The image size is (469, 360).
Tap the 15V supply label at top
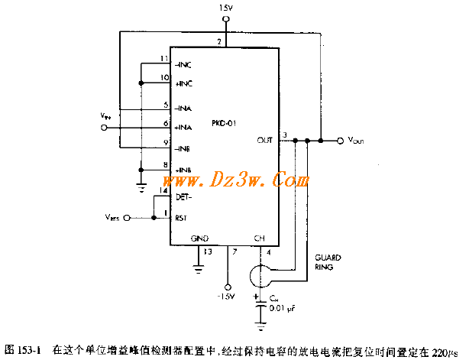225,8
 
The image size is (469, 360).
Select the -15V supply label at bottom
226,295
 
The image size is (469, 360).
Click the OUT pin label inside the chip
265,140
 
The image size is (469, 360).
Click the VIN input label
105,115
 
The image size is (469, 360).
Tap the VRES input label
111,218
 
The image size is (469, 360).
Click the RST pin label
182,218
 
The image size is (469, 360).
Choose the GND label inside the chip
199,238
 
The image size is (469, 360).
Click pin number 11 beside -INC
164,59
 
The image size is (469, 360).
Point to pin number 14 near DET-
163,190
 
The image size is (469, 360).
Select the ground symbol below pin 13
199,267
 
